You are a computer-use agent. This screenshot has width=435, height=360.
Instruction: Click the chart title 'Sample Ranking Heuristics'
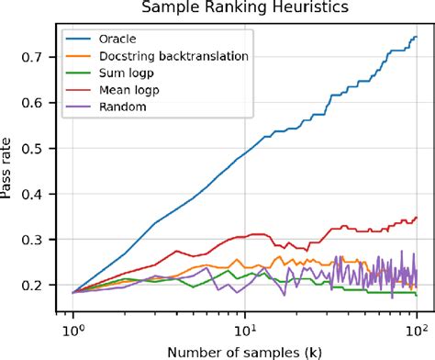[243, 9]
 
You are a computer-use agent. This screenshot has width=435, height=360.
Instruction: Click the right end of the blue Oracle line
[416, 38]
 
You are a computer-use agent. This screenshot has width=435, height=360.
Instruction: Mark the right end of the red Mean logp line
[416, 218]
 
